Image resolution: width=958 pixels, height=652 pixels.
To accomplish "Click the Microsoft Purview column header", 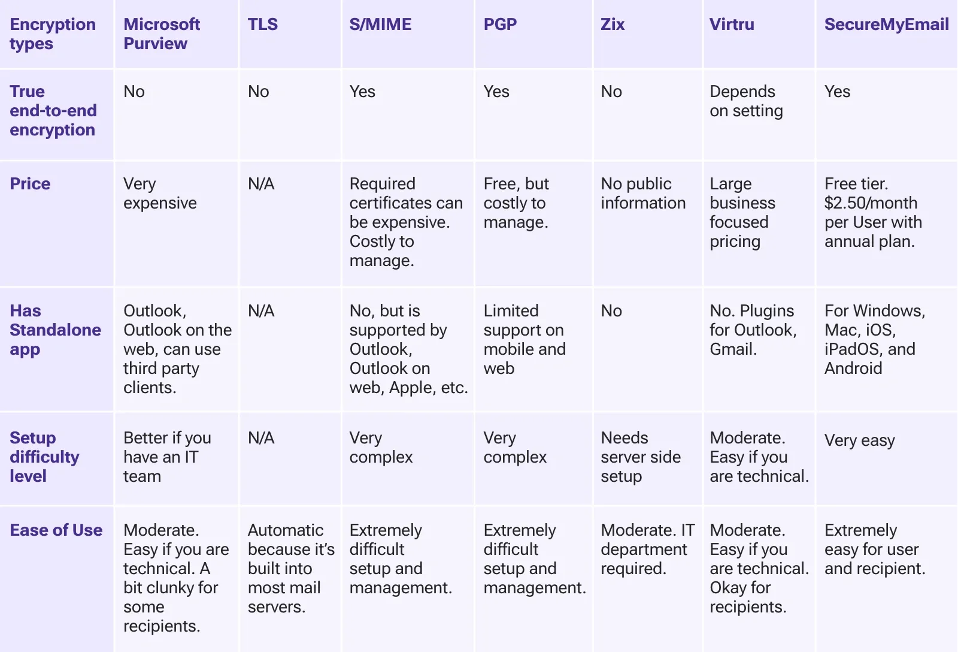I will (x=162, y=34).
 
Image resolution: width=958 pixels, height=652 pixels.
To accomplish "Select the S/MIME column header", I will (x=380, y=25).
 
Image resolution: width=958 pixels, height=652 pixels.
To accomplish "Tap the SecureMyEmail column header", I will (x=886, y=25).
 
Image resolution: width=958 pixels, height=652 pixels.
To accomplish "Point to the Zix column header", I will (x=613, y=25).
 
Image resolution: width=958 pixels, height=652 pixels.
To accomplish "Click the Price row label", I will (x=30, y=184).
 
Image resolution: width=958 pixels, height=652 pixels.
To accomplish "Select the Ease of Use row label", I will (x=56, y=530).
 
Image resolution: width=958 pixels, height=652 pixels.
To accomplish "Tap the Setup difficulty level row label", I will (x=44, y=457).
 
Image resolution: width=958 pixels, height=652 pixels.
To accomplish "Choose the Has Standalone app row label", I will (x=55, y=330).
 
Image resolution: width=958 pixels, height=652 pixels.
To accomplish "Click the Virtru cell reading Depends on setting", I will (x=746, y=101).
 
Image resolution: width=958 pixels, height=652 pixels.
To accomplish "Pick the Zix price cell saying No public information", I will (x=642, y=194).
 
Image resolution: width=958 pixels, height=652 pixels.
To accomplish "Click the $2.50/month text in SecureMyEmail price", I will (x=870, y=203).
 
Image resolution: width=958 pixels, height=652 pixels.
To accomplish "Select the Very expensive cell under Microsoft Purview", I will (x=160, y=194).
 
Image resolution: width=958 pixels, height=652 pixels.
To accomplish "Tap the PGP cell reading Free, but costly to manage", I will (x=516, y=203).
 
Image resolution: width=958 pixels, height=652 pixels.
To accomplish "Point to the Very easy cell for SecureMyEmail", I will (x=859, y=440).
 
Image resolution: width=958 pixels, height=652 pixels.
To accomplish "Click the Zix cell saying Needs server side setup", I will (x=640, y=457).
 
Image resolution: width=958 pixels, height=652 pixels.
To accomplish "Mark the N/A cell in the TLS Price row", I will (x=261, y=184).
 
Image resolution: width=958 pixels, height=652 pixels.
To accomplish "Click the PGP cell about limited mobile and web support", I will (x=524, y=339).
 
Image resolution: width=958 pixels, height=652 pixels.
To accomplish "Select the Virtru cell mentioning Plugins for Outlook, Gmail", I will (x=753, y=330).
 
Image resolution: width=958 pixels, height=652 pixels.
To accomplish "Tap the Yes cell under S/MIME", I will (x=362, y=92).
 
